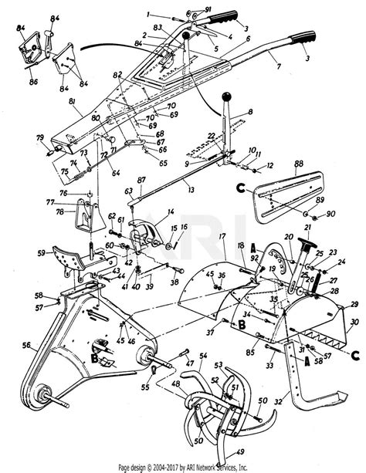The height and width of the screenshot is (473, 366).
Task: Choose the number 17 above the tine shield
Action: [221, 235]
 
